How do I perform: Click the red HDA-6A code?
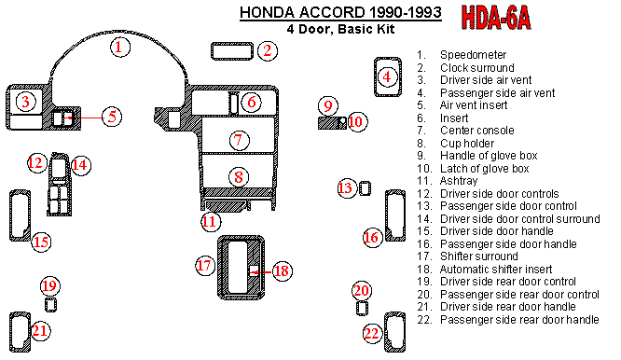495,18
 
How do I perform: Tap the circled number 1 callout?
119,48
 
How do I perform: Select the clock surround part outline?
232,51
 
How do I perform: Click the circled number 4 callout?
387,76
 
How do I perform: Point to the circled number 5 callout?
112,117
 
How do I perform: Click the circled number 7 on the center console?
239,140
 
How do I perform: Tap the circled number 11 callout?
211,221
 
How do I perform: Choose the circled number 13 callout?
346,187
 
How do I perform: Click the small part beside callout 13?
365,188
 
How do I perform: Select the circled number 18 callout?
282,271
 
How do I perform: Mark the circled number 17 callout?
205,266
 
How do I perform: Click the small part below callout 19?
50,305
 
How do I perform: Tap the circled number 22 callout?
372,334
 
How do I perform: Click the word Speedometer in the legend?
473,55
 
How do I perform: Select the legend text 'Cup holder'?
467,144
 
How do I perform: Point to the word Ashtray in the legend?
459,181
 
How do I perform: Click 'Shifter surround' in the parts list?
479,256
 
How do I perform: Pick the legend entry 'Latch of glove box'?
484,169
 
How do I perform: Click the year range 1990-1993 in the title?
406,12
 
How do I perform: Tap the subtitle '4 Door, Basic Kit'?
340,29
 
